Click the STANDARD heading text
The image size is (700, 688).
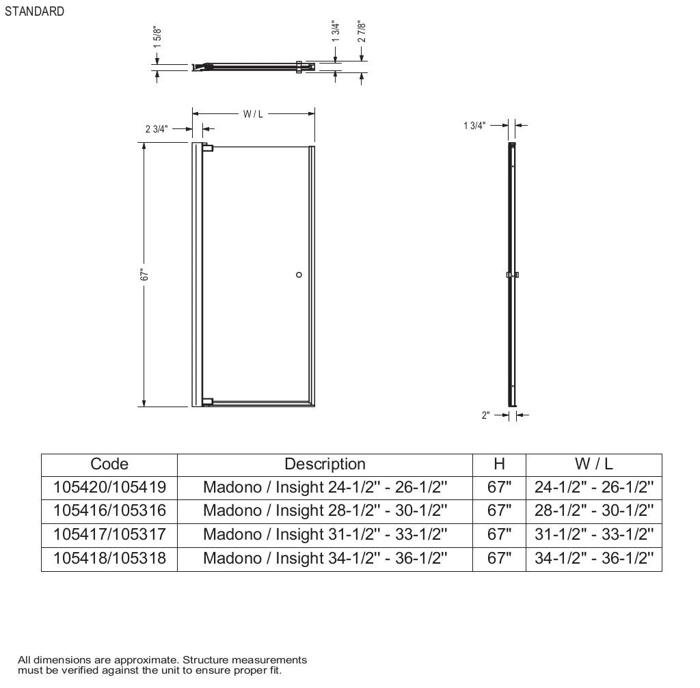coord(34,12)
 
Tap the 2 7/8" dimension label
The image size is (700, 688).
coord(362,32)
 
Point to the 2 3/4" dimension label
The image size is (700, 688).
coord(156,129)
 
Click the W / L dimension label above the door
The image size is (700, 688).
coord(253,114)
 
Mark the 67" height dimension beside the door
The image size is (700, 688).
coord(144,275)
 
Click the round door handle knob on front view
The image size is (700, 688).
coord(299,275)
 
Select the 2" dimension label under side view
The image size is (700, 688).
coord(486,415)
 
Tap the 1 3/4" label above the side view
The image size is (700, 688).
coord(474,126)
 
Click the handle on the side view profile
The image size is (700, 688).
coord(512,275)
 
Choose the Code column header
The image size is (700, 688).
coord(109,464)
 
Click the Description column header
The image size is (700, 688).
coord(325,464)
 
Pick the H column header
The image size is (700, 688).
coord(499,464)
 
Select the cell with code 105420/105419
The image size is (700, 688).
coord(109,487)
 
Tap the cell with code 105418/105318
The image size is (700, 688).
coord(109,558)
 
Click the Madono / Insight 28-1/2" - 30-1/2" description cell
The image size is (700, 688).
coord(325,510)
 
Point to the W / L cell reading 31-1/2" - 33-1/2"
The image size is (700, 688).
coord(593,534)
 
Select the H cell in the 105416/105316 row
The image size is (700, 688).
coord(499,510)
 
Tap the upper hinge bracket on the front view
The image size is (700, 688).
coord(208,148)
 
